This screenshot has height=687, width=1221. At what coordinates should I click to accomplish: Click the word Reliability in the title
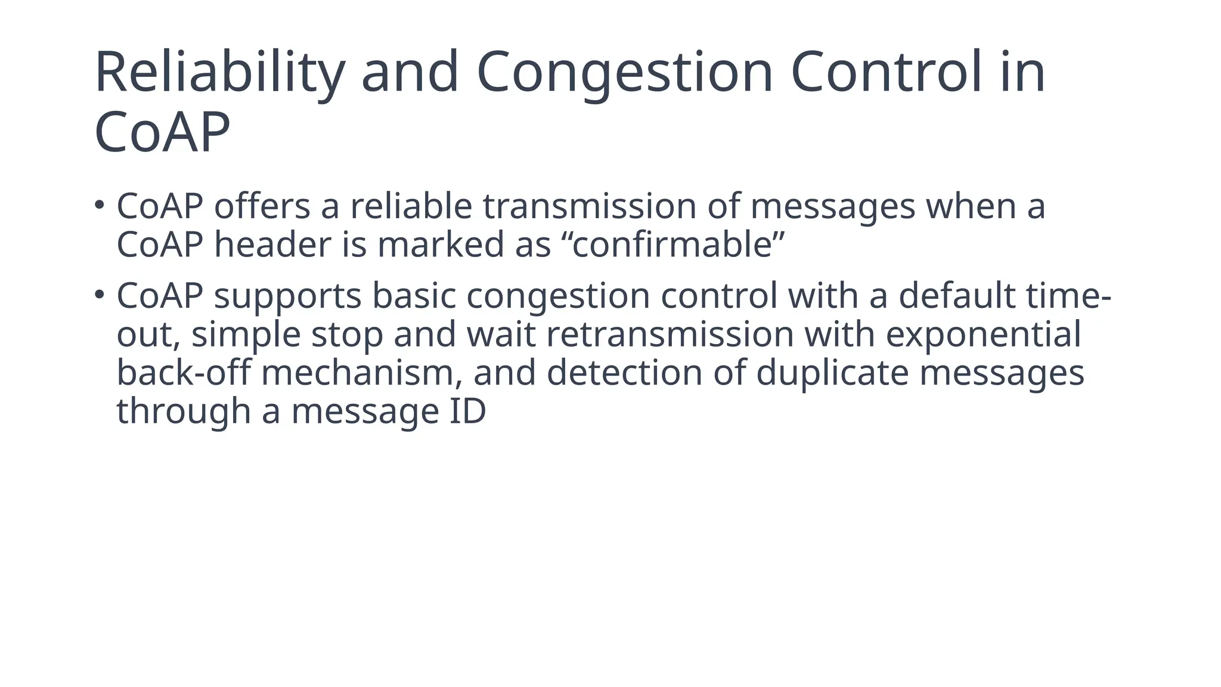(x=219, y=73)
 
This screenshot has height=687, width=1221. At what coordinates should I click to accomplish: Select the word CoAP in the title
(x=162, y=132)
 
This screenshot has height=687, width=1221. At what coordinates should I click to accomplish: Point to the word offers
(x=262, y=206)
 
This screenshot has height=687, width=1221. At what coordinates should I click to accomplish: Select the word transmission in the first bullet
(x=589, y=206)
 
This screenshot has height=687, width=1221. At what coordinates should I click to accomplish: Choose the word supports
(x=287, y=296)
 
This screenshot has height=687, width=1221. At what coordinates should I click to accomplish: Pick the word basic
(x=414, y=296)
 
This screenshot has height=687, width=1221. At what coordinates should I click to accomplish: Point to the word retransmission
(x=670, y=335)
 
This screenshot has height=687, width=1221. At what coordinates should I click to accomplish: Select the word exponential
(x=983, y=335)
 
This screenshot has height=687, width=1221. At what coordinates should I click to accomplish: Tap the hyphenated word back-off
(x=183, y=373)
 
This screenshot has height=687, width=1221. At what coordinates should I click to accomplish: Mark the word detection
(x=624, y=373)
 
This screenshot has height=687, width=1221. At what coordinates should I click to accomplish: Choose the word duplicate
(x=832, y=373)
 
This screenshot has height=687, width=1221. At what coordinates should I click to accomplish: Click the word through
(x=183, y=412)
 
